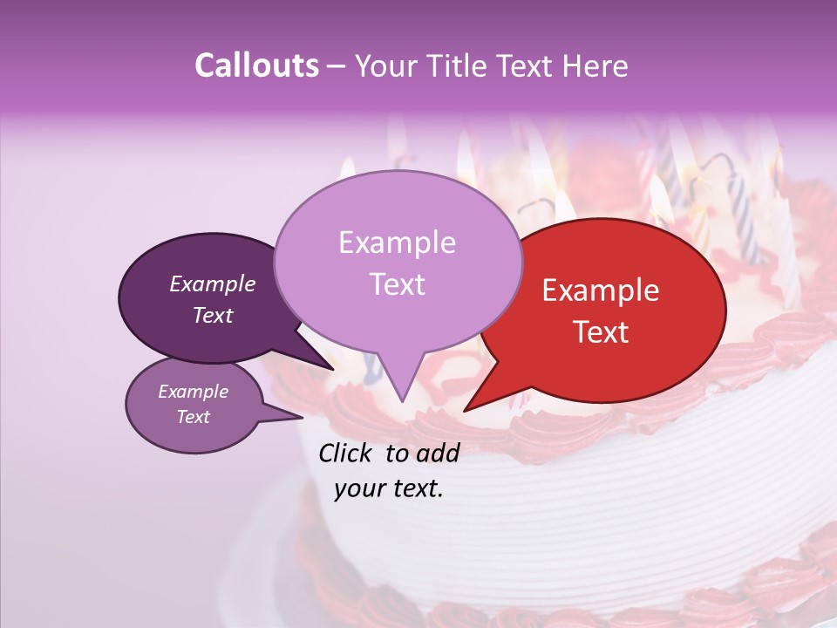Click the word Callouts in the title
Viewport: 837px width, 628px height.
[256, 65]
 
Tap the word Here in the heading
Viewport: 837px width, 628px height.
[595, 65]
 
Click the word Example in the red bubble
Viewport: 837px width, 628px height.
[601, 290]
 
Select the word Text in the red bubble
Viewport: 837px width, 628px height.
[602, 332]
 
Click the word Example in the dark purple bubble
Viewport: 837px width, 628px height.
[213, 283]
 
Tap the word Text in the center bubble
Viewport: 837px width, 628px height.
[398, 284]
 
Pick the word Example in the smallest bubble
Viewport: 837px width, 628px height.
[194, 392]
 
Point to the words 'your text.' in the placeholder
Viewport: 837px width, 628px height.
[389, 488]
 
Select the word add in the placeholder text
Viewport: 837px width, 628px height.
[438, 453]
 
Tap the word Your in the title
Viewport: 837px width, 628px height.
[386, 65]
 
